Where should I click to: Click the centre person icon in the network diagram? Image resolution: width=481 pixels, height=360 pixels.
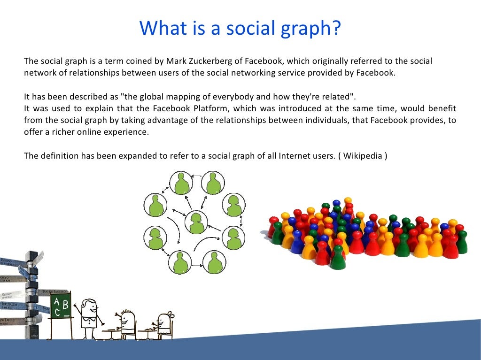coord(196,222)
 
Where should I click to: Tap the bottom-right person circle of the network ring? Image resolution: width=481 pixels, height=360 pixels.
coord(214,262)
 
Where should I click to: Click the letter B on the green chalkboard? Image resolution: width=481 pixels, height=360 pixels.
coord(65,305)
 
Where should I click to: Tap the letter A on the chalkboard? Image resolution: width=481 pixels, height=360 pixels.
coord(57,301)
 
